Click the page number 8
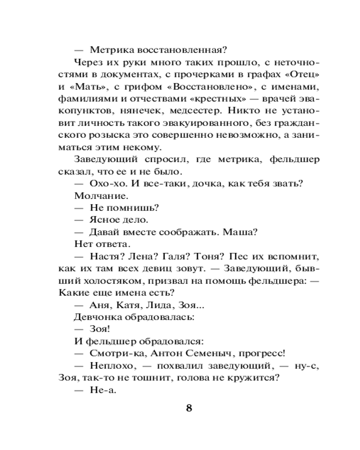(x=189, y=408)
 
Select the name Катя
(x=130, y=306)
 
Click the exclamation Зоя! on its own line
(x=100, y=330)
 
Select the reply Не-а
(x=103, y=391)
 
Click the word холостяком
(x=117, y=281)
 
